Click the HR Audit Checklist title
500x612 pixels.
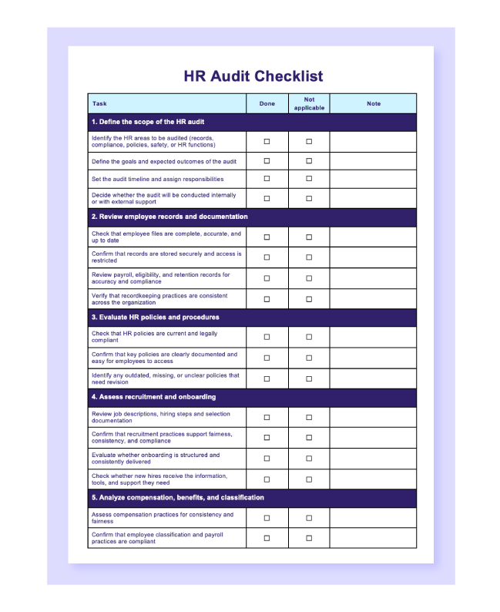253,76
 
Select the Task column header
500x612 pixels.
99,103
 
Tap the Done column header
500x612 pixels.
267,103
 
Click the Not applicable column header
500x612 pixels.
309,103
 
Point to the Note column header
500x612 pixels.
374,103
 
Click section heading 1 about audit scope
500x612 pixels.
148,122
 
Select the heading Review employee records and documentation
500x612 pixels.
169,217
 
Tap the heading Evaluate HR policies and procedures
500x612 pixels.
155,317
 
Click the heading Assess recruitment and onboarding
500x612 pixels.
153,397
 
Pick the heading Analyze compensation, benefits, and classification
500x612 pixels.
177,498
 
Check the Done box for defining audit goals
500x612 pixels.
267,161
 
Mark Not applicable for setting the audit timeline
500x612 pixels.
309,179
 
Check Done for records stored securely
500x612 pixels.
267,257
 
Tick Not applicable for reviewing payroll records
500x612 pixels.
309,278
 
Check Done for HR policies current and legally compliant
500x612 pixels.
267,337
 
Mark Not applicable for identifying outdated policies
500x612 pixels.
309,378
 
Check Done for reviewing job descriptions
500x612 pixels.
267,417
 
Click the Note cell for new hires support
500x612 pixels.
374,479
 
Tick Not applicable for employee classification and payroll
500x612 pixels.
309,538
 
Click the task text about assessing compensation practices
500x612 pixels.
162,518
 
